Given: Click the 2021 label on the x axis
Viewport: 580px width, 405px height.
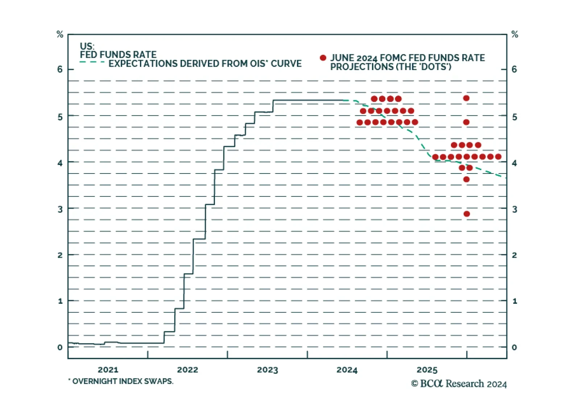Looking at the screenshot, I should click(x=108, y=370).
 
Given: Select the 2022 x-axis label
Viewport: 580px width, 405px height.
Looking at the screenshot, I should click(x=187, y=370).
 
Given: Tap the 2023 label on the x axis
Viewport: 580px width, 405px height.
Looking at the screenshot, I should click(x=268, y=370).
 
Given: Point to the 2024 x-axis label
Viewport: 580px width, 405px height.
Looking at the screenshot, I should click(x=347, y=370).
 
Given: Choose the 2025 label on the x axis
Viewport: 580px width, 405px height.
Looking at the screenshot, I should click(x=427, y=370).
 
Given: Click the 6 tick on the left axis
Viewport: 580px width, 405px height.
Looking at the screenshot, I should click(x=60, y=69).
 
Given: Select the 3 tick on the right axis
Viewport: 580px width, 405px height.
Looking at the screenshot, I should click(x=514, y=209).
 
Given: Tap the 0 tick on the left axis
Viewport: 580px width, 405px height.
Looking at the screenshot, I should click(x=60, y=347).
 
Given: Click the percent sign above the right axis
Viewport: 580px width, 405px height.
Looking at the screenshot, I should click(x=515, y=34).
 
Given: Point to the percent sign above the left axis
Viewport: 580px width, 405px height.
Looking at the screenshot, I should click(x=60, y=34).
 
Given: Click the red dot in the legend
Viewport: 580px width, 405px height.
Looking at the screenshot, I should click(x=323, y=58).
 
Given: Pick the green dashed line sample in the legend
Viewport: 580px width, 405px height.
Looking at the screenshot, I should click(x=92, y=62).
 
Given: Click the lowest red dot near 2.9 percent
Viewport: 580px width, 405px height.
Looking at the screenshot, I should click(x=467, y=214).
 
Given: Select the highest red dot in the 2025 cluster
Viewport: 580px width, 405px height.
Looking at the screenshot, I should click(x=467, y=98).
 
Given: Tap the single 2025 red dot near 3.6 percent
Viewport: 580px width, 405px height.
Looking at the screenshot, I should click(x=467, y=179).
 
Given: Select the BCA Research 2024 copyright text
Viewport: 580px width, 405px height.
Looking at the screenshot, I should click(x=459, y=384).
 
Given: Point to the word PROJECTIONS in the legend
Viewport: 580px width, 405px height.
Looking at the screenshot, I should click(x=362, y=67).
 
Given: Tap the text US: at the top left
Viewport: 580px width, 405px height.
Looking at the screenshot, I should click(x=87, y=46).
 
